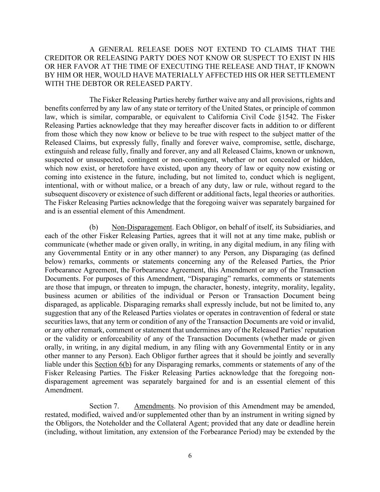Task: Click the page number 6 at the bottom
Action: tap(190, 456)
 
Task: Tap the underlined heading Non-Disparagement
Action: tap(142, 227)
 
